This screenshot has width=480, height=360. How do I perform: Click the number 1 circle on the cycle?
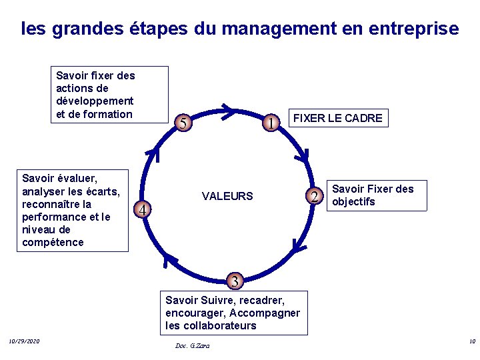[x=271, y=123]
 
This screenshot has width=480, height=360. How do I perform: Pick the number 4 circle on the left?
[x=141, y=211]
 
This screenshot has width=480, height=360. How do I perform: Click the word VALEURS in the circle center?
[x=227, y=196]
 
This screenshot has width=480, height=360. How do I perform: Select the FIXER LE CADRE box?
[x=338, y=119]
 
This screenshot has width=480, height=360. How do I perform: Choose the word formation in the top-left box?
[x=108, y=114]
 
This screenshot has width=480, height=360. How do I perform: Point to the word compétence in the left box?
[x=53, y=242]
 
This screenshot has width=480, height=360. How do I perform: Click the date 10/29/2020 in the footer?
[x=25, y=342]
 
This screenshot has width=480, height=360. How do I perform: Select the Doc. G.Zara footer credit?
[x=192, y=346]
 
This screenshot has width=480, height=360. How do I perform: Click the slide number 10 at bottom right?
[x=472, y=342]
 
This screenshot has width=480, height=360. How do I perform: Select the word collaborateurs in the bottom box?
[x=221, y=326]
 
